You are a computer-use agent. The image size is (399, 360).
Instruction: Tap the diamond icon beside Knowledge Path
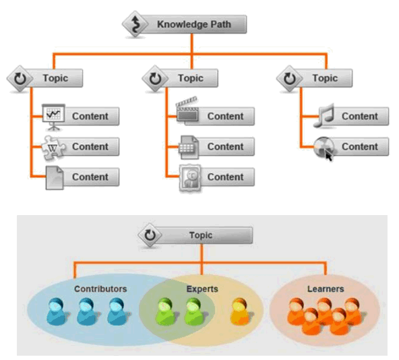click(x=135, y=25)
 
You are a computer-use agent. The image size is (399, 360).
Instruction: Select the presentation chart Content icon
click(x=53, y=115)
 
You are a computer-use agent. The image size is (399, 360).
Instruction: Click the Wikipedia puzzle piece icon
click(x=53, y=146)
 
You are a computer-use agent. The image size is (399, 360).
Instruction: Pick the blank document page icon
click(x=53, y=177)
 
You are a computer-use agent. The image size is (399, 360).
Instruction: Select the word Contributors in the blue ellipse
click(x=100, y=289)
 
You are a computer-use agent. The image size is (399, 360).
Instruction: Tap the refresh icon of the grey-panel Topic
click(x=150, y=236)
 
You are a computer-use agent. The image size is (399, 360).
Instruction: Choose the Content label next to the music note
click(x=359, y=116)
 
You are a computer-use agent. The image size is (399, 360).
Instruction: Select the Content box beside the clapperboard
click(x=225, y=116)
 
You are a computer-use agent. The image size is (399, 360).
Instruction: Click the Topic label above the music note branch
click(x=325, y=78)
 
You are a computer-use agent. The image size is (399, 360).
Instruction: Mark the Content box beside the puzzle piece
click(x=90, y=146)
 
